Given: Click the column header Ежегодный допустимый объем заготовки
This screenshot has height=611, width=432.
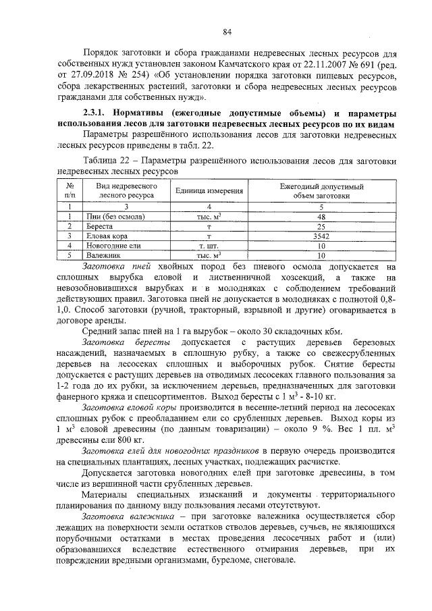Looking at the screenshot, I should tap(321, 191).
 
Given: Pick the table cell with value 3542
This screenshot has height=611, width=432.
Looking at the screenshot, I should tap(321, 236).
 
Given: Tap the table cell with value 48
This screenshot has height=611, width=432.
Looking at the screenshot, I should tap(321, 216).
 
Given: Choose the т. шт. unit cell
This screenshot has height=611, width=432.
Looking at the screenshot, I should tap(209, 246).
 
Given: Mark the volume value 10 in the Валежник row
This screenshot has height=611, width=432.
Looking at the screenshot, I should tap(321, 257).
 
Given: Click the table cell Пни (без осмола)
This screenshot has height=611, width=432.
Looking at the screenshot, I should tap(112, 216).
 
